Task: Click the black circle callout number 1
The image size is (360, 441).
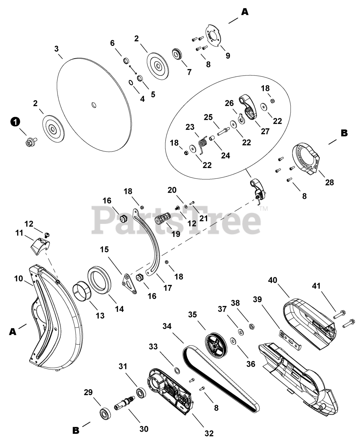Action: tap(14, 122)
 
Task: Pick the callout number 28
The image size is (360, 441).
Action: tap(329, 182)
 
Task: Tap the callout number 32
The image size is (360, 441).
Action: tap(209, 433)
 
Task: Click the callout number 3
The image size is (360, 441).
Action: tap(56, 49)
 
